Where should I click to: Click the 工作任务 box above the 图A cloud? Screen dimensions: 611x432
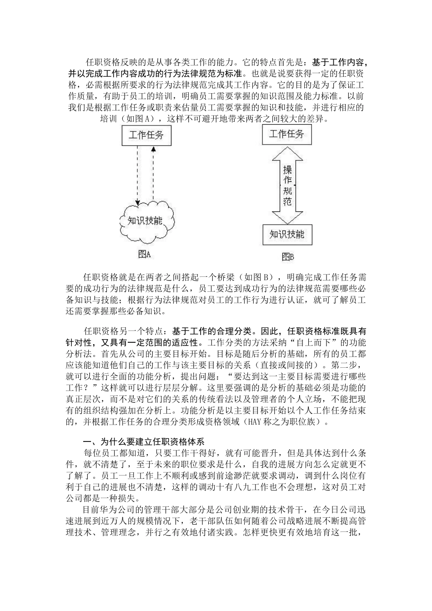click(146, 136)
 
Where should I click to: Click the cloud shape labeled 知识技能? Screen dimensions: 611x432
click(145, 221)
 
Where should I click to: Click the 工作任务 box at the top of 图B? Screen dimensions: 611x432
click(287, 134)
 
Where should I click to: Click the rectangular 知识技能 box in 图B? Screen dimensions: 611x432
click(287, 235)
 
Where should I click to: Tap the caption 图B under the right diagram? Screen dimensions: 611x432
click(287, 257)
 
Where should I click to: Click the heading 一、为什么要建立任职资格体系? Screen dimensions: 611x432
click(144, 441)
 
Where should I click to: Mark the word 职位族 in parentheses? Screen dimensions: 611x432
click(309, 422)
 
